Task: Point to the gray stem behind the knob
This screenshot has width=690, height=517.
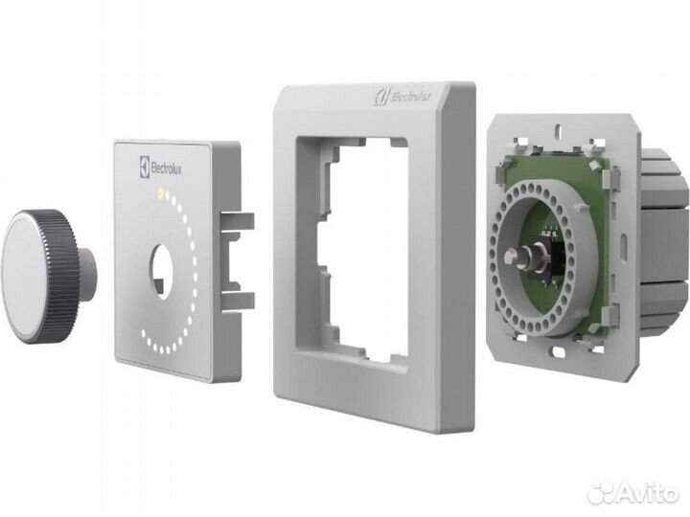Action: pyautogui.click(x=88, y=273)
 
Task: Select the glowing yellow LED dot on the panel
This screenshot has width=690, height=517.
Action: pyautogui.click(x=160, y=196)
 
